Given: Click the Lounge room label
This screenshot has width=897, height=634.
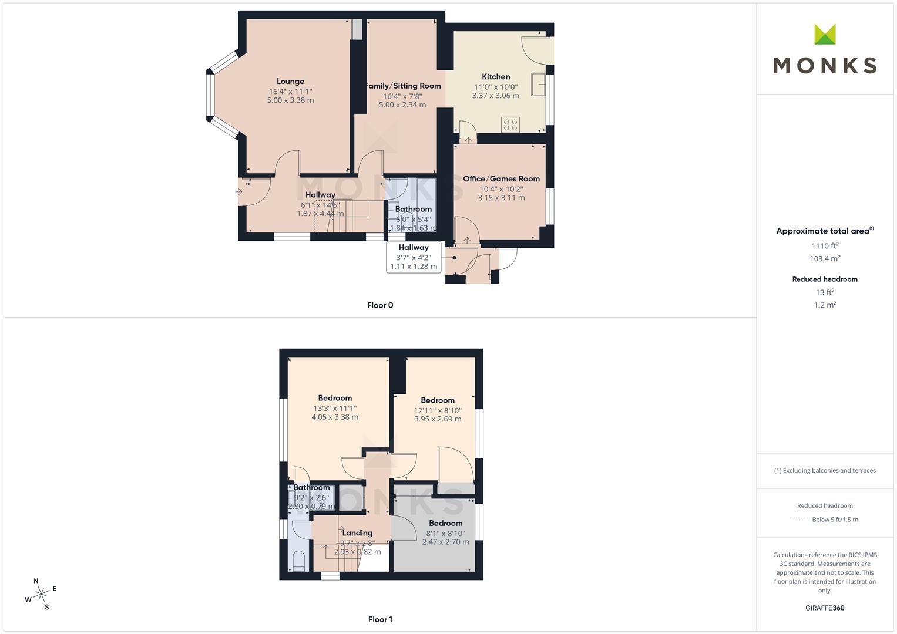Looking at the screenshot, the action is [x=290, y=81].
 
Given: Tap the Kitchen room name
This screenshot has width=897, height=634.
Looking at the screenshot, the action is [x=496, y=76].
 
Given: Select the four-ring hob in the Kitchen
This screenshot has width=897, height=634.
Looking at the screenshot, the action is [x=510, y=124].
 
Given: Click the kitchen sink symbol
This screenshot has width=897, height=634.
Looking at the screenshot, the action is [x=539, y=84].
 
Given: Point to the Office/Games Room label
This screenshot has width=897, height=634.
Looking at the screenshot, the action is [x=501, y=178].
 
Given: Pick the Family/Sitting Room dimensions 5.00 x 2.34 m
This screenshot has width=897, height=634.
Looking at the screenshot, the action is [x=402, y=105].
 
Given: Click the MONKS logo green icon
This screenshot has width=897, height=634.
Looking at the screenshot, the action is [x=825, y=34].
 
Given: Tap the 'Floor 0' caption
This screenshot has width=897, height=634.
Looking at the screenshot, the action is [x=380, y=305].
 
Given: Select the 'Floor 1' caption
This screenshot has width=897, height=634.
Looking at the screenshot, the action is [x=380, y=619].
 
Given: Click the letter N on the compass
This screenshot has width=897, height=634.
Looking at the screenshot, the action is [x=36, y=581].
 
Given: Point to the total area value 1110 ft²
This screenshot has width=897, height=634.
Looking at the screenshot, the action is [x=825, y=245].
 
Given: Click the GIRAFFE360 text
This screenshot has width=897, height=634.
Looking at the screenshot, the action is [x=825, y=608].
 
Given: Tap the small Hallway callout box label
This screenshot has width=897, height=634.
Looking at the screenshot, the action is [x=414, y=247].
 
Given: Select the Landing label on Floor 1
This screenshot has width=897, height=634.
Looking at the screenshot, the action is [x=357, y=533].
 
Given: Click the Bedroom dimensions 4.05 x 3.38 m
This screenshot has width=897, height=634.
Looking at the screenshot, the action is [x=335, y=417].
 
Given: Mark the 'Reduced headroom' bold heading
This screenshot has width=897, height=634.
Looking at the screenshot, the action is [x=825, y=279].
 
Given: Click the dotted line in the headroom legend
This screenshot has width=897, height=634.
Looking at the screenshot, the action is [x=799, y=520].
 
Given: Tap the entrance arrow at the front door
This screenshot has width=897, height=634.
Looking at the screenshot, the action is [x=238, y=192].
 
